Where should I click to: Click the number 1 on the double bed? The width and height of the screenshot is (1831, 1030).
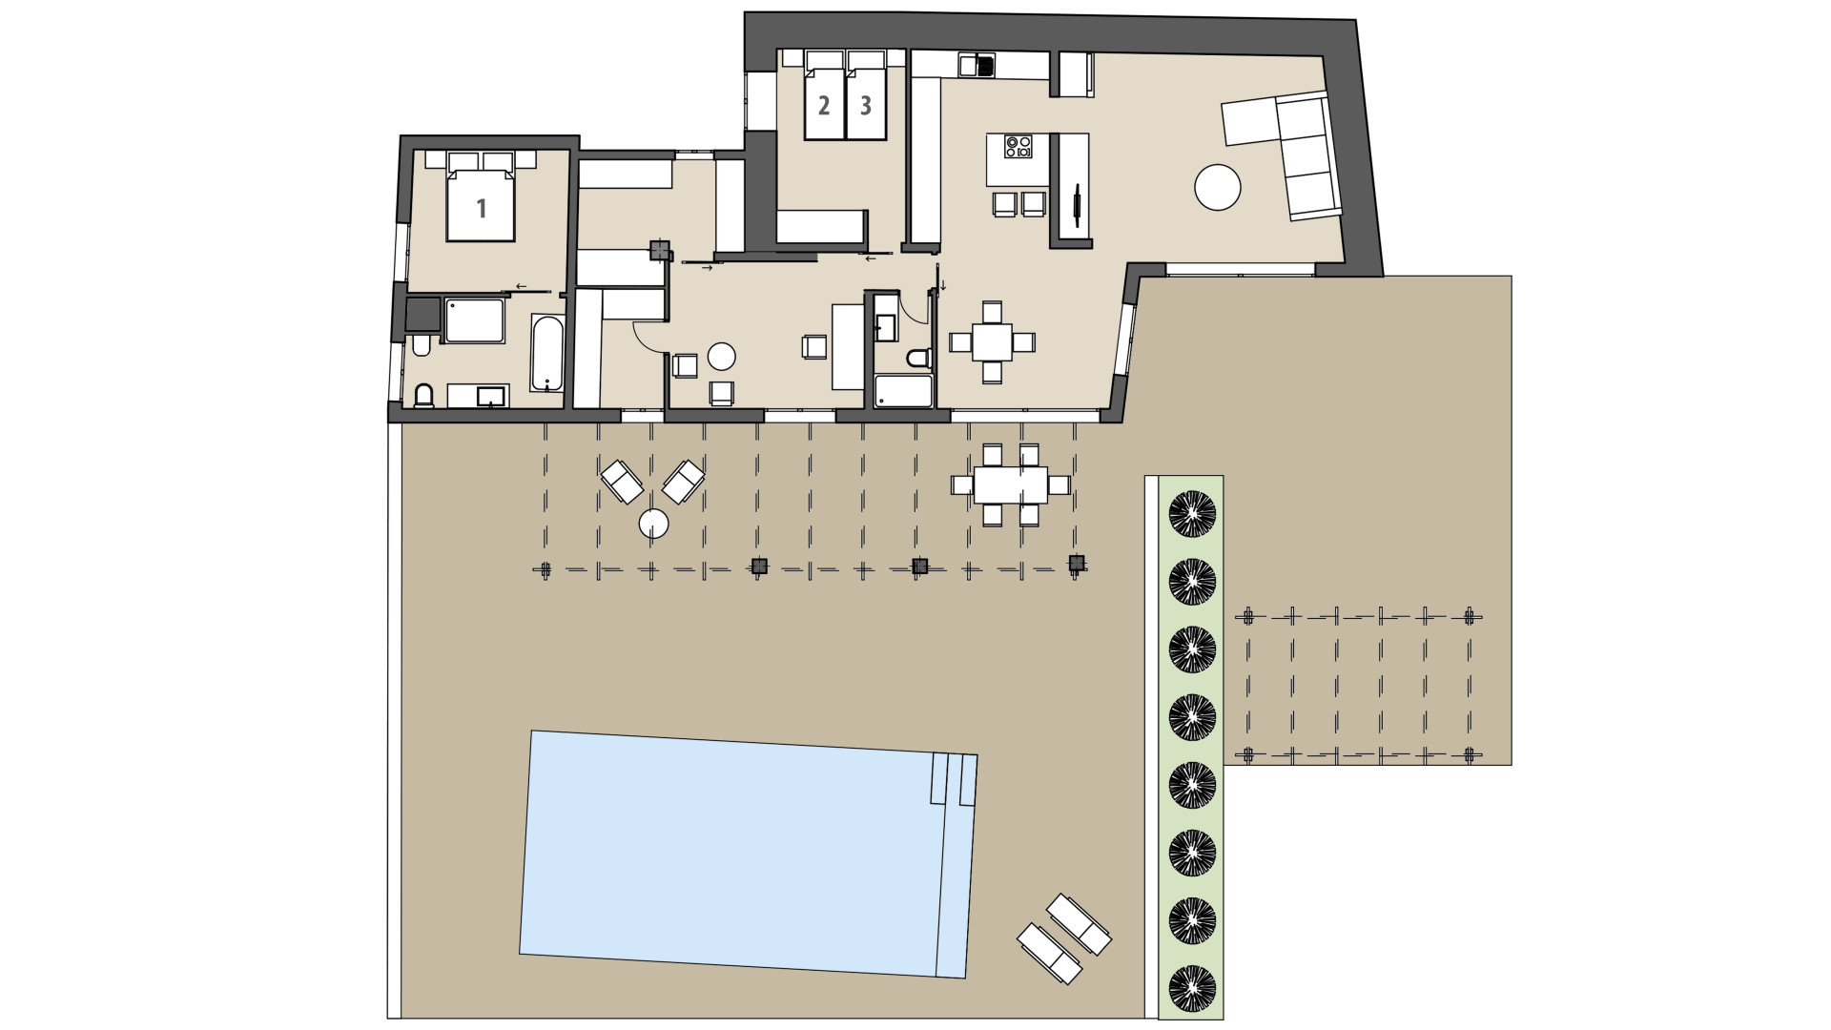pos(482,207)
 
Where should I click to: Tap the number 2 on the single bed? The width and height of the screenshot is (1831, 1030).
pos(824,105)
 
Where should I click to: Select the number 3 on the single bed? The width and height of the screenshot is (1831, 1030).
pos(866,105)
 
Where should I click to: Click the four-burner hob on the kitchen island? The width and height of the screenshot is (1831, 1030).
pos(1018,147)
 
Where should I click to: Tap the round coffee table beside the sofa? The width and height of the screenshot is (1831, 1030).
pos(1218,187)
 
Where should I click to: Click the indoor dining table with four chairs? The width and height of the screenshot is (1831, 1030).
pos(992,341)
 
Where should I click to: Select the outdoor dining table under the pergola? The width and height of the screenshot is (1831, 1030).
pos(1010,484)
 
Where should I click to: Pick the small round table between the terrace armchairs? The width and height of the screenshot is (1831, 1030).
pos(653,523)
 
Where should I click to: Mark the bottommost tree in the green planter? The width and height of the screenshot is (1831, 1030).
pos(1192,988)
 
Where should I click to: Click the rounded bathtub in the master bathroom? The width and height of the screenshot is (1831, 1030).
pos(547,353)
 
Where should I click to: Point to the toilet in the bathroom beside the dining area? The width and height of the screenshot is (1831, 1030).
pos(918,359)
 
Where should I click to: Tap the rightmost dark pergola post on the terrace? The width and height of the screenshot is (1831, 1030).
pos(1077,564)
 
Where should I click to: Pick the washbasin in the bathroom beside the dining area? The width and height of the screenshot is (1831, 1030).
pos(885,327)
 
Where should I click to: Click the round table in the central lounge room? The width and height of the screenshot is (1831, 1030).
pos(721,357)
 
